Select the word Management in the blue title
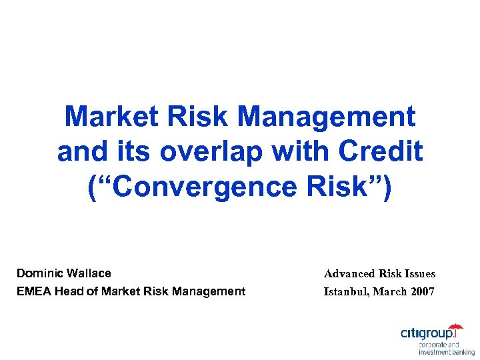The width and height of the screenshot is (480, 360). click(x=326, y=117)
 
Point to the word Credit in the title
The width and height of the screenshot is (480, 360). click(x=381, y=152)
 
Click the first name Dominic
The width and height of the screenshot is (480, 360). click(x=39, y=273)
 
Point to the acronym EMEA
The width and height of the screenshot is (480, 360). click(x=32, y=291)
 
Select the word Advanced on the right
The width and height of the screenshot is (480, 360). click(x=350, y=274)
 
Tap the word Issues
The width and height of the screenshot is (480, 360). click(x=420, y=274)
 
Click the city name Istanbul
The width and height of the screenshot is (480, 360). click(x=346, y=292)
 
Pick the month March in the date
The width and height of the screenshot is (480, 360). click(x=391, y=292)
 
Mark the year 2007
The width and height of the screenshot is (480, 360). click(x=423, y=292)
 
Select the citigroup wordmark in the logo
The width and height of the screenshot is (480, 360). click(x=429, y=333)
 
